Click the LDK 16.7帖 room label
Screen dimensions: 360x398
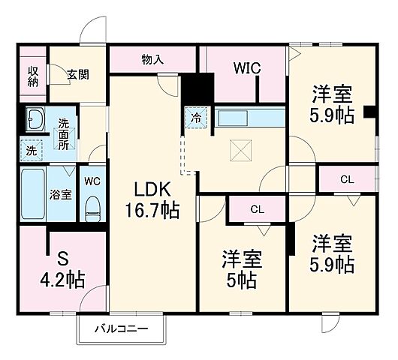(157, 198)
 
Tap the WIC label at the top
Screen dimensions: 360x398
(246, 68)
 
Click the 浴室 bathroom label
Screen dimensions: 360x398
(61, 194)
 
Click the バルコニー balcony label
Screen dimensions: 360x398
(121, 328)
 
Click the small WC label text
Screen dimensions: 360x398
(92, 181)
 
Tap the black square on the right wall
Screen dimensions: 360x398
(369, 112)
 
